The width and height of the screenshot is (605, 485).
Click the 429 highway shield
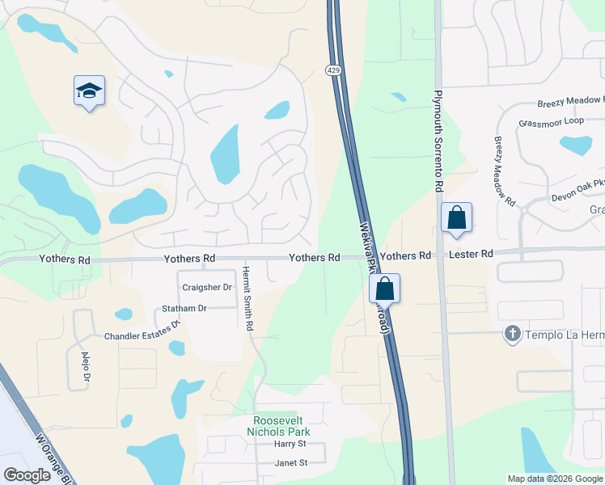(333, 71)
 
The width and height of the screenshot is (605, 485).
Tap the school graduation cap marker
(89, 92)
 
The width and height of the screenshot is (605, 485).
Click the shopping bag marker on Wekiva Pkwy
(385, 289)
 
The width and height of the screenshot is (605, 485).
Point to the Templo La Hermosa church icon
(511, 333)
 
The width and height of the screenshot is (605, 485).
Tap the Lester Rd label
(472, 255)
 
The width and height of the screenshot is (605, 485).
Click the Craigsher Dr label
(207, 287)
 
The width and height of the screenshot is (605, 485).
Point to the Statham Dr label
(184, 308)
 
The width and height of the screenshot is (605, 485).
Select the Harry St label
(290, 444)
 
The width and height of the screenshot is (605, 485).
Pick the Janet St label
(291, 463)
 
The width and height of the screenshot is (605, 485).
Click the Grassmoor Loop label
(551, 121)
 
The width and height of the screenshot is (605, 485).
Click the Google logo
(27, 475)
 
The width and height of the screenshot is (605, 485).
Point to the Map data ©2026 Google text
(554, 478)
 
